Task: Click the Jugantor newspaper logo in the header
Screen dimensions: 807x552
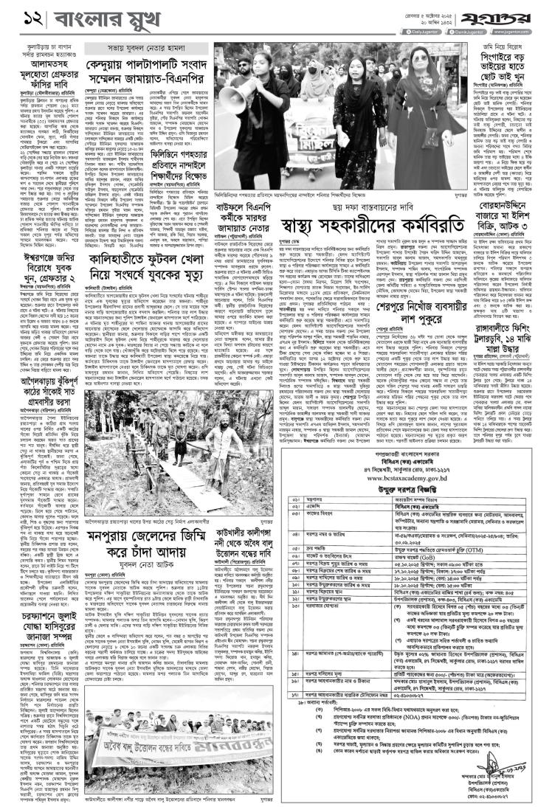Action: pos(513,14)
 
